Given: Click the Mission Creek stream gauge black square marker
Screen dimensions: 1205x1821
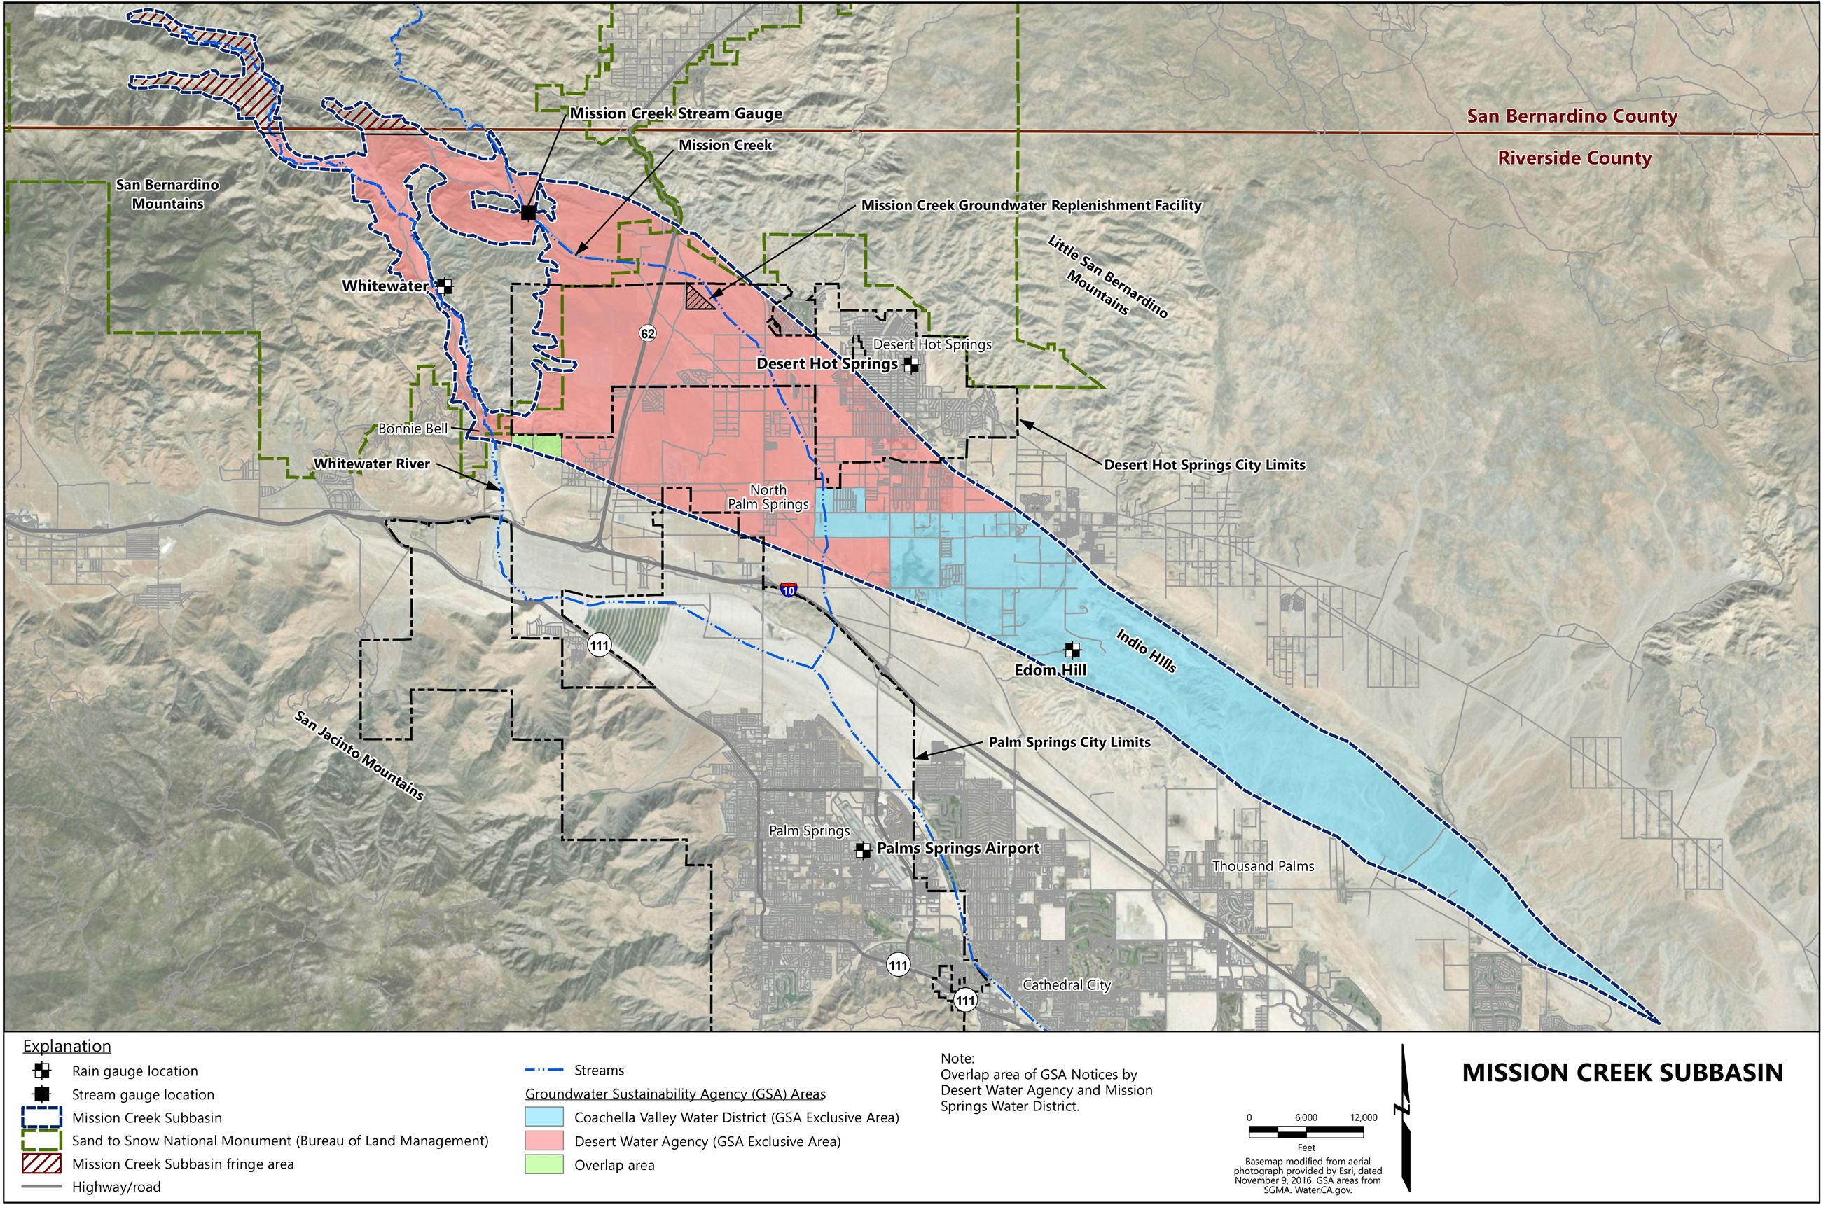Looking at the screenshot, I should click(x=528, y=212).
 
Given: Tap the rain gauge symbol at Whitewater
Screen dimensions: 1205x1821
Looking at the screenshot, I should click(x=444, y=286).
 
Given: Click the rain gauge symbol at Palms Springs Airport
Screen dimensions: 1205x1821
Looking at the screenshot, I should click(x=864, y=850).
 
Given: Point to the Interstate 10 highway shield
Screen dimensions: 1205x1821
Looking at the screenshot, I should click(x=788, y=590).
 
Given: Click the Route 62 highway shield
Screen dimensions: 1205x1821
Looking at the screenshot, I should click(x=647, y=333).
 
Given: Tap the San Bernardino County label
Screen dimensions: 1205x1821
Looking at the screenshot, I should click(x=1572, y=116).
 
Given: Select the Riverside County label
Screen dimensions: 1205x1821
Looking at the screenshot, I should click(x=1574, y=158).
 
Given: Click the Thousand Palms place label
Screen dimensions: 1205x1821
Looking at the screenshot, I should click(x=1262, y=866).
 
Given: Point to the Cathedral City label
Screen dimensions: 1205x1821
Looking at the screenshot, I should click(x=1066, y=984).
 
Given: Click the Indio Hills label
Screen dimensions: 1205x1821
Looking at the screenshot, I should click(x=1146, y=651).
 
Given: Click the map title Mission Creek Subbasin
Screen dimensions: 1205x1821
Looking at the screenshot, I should click(x=1622, y=1073).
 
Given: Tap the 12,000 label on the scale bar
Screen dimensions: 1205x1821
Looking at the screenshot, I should click(x=1363, y=1117).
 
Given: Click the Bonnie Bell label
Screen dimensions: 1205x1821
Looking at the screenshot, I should click(x=412, y=429).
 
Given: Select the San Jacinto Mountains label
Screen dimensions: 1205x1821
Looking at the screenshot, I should click(x=359, y=755).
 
